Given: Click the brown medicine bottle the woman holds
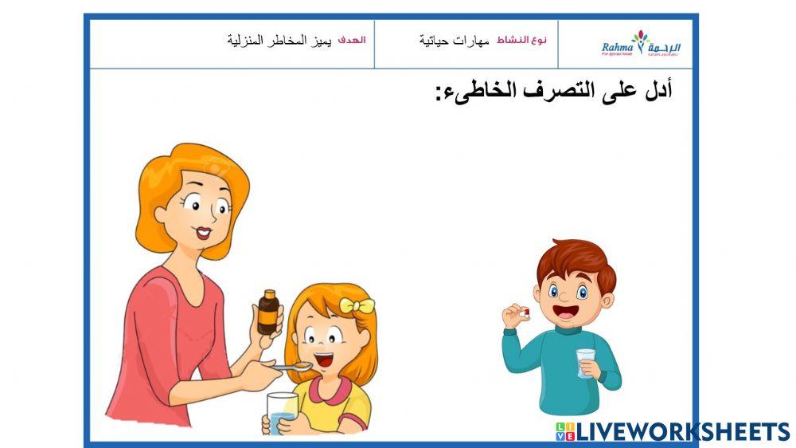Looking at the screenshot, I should coord(268,312).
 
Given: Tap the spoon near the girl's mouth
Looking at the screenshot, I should coord(296,367).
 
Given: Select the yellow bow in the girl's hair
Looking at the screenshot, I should coord(357,305).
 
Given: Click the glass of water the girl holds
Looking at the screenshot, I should coord(282,412).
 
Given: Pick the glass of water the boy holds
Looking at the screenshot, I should coord(586,363).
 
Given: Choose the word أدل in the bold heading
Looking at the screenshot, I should coord(656,90).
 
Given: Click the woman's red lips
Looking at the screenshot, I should coord(204,233).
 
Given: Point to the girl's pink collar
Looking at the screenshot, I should coord(328,390).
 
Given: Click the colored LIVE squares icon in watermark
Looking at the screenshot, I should coord(564,432).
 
